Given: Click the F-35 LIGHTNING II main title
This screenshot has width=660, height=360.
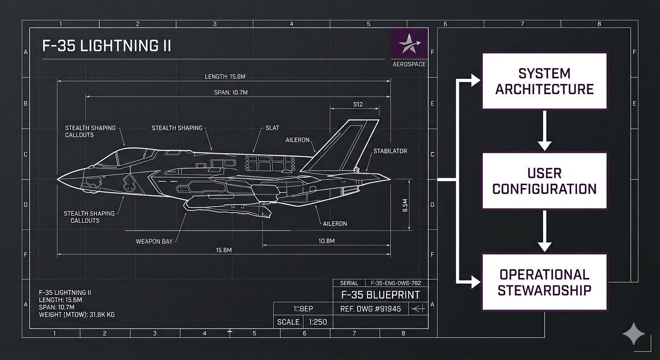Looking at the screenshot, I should [x=106, y=46].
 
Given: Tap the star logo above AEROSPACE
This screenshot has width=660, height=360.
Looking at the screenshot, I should [x=409, y=43].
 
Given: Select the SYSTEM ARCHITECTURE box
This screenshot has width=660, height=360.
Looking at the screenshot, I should [x=544, y=82].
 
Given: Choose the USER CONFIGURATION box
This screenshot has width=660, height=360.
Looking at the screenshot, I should [x=544, y=181].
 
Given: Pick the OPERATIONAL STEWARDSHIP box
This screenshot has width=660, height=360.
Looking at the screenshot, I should [x=544, y=282].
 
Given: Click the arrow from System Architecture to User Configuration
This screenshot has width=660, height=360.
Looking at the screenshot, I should [x=544, y=131].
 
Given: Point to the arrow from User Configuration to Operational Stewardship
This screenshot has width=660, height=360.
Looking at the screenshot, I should [x=544, y=231].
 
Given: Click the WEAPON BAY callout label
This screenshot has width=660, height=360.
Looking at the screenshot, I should [x=154, y=241].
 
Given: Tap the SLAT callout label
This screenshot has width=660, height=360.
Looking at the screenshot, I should [x=272, y=128].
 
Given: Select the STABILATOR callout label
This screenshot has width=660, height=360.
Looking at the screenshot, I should [x=390, y=151].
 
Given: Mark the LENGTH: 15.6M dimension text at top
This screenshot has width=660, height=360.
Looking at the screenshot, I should [x=225, y=76].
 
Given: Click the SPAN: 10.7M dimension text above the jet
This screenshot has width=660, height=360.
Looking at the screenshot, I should [x=227, y=92].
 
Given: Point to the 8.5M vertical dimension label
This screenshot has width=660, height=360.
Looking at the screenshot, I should [x=405, y=205].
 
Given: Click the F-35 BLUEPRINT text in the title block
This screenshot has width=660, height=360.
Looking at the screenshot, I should [x=380, y=295].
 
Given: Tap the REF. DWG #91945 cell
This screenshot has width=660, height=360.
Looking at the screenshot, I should [x=370, y=309].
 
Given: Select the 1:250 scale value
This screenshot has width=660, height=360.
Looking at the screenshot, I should [x=318, y=322].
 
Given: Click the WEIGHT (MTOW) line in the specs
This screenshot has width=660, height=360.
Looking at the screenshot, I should [x=77, y=315].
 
